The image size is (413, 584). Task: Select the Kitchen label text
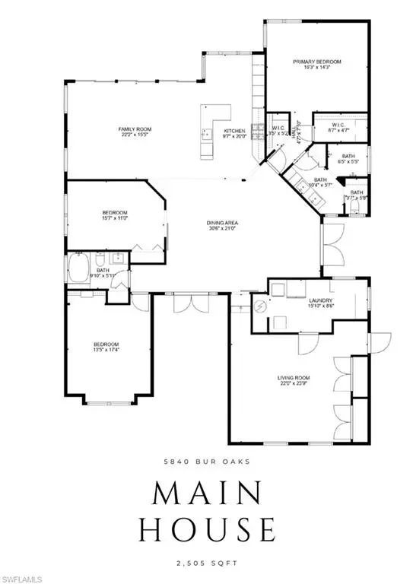[234, 135]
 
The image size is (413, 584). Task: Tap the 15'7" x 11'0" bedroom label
[115, 215]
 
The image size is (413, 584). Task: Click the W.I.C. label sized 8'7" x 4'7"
[338, 128]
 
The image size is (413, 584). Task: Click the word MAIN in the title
[206, 494]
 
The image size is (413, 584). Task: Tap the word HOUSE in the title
[206, 529]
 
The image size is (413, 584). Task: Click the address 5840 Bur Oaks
[206, 461]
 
